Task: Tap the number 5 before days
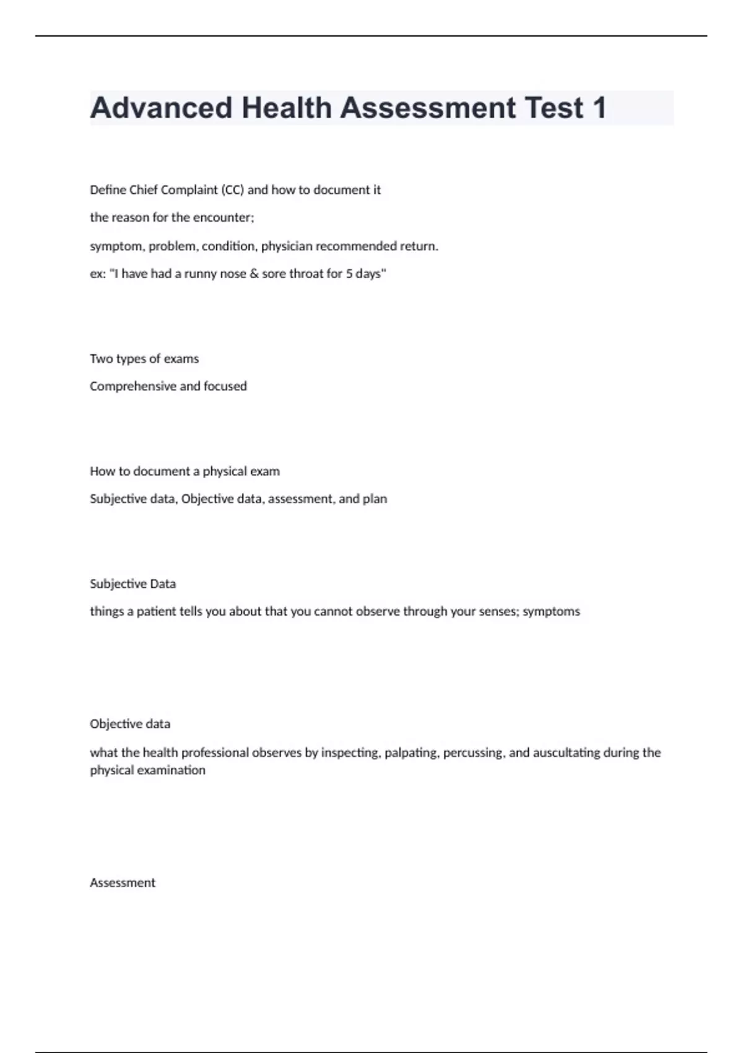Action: [349, 274]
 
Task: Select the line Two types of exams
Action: [144, 359]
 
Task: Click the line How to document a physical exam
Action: [185, 471]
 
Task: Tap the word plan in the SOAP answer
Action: [375, 499]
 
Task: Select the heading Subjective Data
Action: [133, 583]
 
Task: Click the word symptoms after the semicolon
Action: [551, 612]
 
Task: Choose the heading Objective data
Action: [130, 724]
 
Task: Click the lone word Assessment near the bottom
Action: [123, 883]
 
